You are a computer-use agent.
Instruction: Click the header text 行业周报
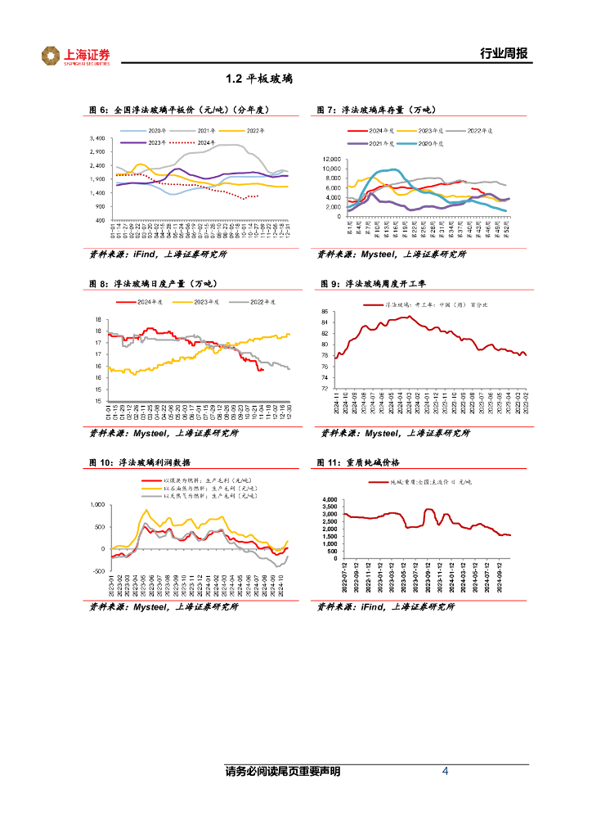(503, 54)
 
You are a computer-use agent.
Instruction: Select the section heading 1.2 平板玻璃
(259, 79)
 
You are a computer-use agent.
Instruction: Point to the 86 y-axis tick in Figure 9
(325, 312)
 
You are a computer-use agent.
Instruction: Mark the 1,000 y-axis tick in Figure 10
(96, 505)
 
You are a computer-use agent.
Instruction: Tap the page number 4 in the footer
(445, 771)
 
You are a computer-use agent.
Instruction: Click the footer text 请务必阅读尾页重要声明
(283, 772)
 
